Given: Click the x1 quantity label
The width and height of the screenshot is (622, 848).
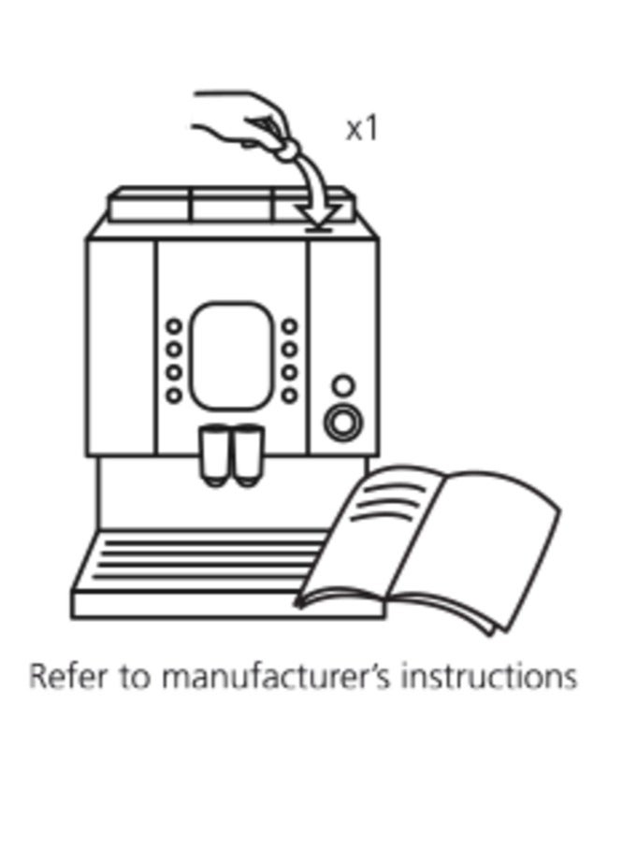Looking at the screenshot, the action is (361, 129).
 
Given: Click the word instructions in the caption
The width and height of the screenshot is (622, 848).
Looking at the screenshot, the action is (488, 677).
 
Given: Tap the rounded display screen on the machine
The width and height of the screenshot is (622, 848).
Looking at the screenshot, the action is (231, 355).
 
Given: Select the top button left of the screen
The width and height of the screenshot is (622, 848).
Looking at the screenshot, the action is (174, 326).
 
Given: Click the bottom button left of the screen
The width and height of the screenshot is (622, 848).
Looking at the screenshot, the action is (174, 395).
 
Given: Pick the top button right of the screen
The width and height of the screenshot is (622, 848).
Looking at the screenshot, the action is (291, 326).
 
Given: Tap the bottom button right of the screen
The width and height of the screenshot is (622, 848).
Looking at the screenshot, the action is (291, 395).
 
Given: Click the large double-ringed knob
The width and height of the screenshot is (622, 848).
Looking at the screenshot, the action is (343, 422).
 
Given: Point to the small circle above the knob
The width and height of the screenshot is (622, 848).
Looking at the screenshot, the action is (343, 385).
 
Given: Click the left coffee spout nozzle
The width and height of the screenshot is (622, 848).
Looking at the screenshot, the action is (215, 456).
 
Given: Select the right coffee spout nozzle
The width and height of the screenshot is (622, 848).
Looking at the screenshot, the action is (248, 456).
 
